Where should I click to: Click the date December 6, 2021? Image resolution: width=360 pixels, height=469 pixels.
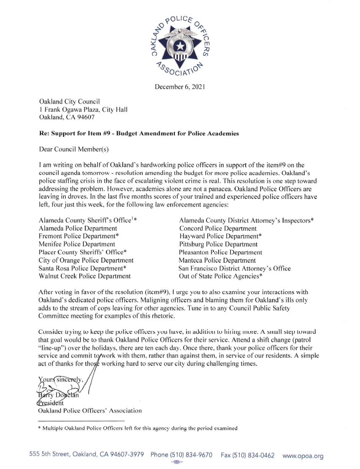(x=180, y=87)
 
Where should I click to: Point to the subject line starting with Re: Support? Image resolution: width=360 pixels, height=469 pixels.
(x=139, y=133)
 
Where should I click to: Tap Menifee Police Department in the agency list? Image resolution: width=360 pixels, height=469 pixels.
(x=77, y=244)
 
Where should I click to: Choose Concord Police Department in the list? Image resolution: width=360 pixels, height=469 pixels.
(x=218, y=228)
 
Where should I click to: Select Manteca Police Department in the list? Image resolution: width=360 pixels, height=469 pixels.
(x=217, y=260)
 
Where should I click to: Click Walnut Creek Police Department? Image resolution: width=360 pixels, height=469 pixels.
(x=85, y=276)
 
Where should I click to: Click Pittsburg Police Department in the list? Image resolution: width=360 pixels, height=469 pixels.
(x=218, y=244)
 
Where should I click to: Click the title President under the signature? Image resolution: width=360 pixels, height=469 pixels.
(x=51, y=402)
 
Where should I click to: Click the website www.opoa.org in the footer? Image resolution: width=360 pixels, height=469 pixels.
(x=303, y=455)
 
